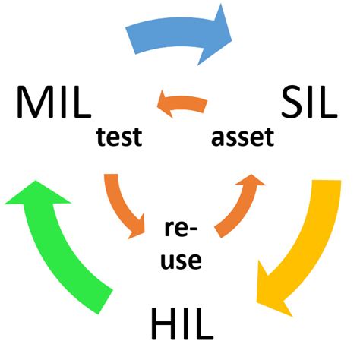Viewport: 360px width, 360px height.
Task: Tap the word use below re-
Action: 182,261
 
